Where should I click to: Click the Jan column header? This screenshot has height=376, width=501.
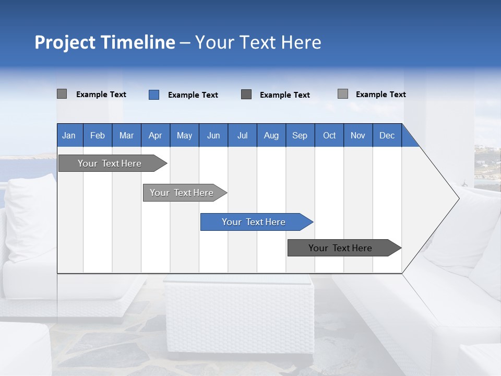click(x=69, y=135)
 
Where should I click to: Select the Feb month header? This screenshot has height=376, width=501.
click(x=98, y=135)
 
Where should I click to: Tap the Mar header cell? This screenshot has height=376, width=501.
click(x=126, y=135)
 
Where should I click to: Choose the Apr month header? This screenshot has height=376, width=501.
click(x=156, y=135)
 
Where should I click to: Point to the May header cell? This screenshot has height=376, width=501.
click(x=184, y=135)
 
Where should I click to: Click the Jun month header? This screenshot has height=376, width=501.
click(x=213, y=135)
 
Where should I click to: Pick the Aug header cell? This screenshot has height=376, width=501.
click(x=271, y=135)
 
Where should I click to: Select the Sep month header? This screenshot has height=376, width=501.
click(x=300, y=135)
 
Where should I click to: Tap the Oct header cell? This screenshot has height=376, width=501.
click(x=329, y=135)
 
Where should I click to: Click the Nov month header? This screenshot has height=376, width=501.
click(x=358, y=135)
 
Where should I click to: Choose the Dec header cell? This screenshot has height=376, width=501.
click(x=387, y=135)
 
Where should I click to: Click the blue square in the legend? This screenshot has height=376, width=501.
click(x=154, y=95)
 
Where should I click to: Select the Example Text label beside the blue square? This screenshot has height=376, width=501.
click(x=193, y=95)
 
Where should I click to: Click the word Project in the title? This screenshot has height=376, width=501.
click(x=65, y=42)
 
